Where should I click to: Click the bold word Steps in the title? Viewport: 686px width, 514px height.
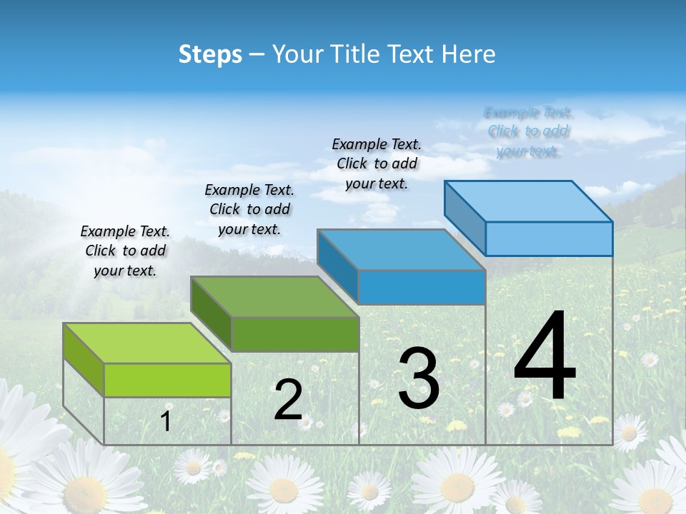point(210,54)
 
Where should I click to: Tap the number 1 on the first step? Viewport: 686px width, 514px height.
point(165,421)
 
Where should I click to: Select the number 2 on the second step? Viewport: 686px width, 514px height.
point(288,400)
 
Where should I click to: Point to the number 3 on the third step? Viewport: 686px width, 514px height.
point(419,378)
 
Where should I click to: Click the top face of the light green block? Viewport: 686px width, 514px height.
point(147,343)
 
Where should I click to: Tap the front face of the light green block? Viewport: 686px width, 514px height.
point(167,380)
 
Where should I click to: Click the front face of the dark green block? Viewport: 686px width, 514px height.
point(294,334)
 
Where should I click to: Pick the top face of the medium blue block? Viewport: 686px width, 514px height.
point(402,250)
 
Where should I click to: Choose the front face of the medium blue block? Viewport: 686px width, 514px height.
point(422,288)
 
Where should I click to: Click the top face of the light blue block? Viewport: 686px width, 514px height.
point(529,201)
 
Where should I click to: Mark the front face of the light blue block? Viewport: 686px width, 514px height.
point(549,238)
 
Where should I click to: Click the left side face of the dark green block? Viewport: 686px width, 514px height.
point(212,314)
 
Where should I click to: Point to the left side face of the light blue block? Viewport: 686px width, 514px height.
point(465,218)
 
